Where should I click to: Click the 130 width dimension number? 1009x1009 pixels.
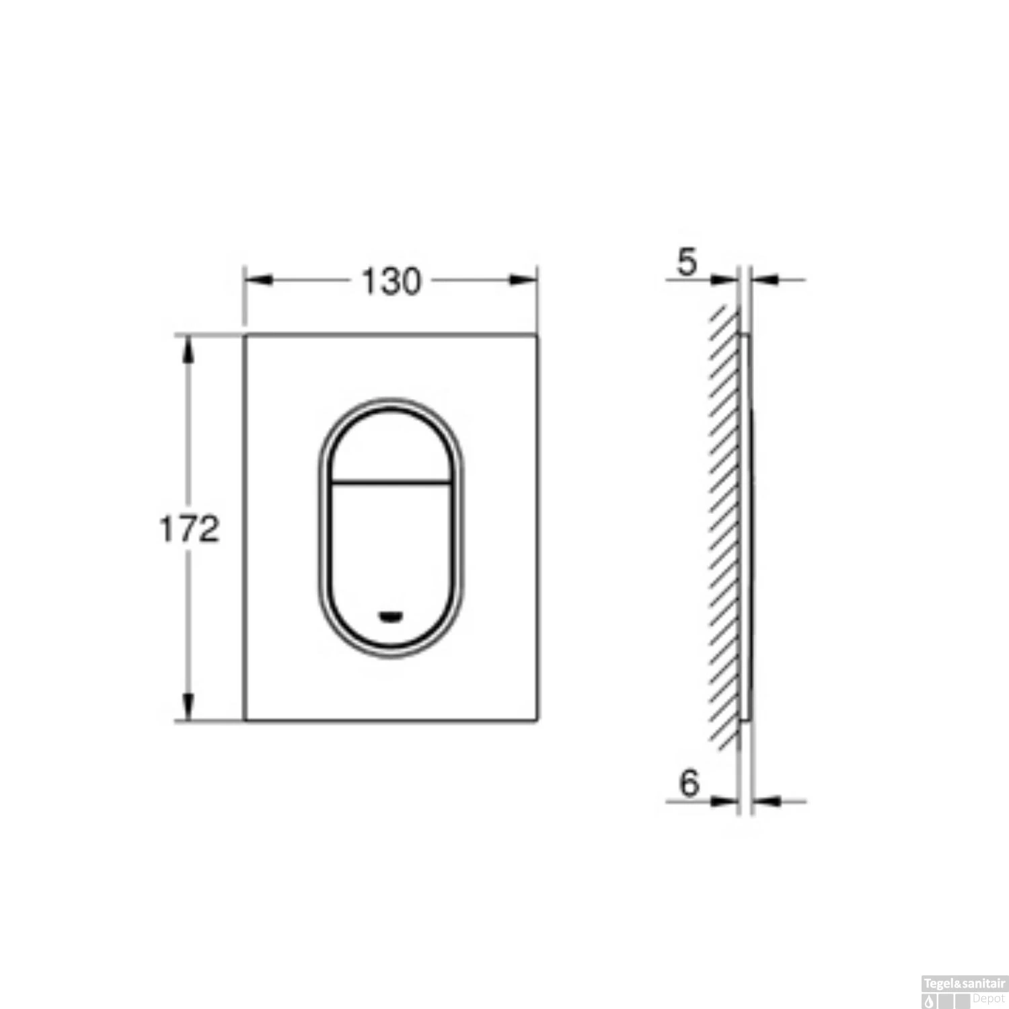[x=391, y=281]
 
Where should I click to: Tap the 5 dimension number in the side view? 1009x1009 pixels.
[x=687, y=262]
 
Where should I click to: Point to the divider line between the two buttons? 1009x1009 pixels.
[x=391, y=482]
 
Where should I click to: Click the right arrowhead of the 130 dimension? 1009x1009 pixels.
[x=523, y=281]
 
